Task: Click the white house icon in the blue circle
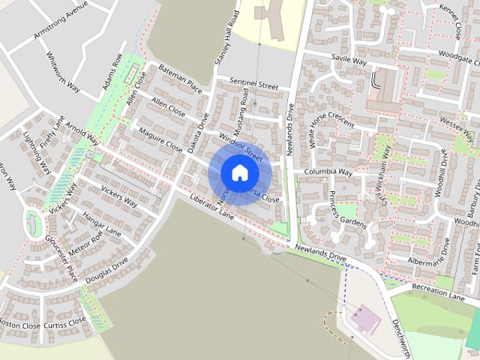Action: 239,172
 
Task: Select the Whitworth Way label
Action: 63,71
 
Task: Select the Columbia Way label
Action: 328,172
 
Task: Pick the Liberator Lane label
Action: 212,207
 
